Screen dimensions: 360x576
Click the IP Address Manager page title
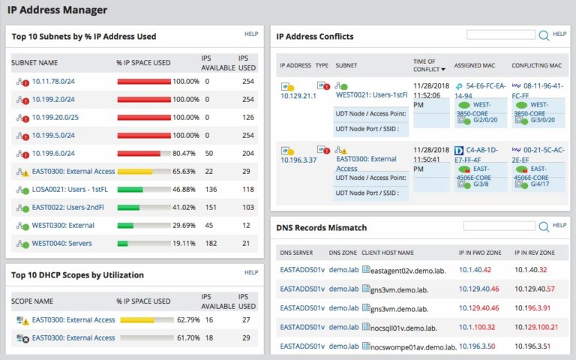57,10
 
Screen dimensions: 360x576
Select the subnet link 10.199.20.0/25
55,117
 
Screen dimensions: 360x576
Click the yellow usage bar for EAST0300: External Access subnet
135,171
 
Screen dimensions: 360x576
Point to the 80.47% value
185,153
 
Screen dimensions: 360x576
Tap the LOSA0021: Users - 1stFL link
70,189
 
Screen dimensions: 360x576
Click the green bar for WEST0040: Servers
123,243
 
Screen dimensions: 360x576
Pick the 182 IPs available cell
211,243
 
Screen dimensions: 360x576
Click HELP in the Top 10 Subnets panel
251,34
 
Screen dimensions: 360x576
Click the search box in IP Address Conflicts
501,34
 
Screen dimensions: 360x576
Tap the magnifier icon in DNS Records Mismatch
544,226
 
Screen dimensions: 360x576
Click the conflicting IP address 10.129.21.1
298,96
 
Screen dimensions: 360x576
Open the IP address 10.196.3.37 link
298,160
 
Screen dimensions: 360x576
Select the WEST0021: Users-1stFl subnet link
371,95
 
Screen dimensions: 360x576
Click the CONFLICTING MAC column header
537,65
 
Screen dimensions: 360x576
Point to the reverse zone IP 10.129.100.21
535,327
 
